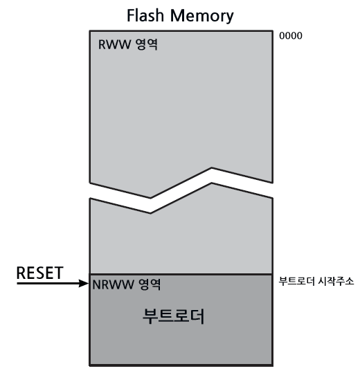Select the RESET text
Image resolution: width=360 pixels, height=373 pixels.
click(x=39, y=273)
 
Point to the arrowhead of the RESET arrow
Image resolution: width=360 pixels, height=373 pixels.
click(x=86, y=283)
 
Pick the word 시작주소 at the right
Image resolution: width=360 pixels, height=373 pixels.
click(x=336, y=282)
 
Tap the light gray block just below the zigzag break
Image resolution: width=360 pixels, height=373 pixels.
click(x=179, y=239)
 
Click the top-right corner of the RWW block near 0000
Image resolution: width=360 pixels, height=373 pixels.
click(x=270, y=30)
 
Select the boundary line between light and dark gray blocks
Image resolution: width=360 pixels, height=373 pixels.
click(x=179, y=274)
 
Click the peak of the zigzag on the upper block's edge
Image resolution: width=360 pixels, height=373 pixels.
click(x=211, y=168)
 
